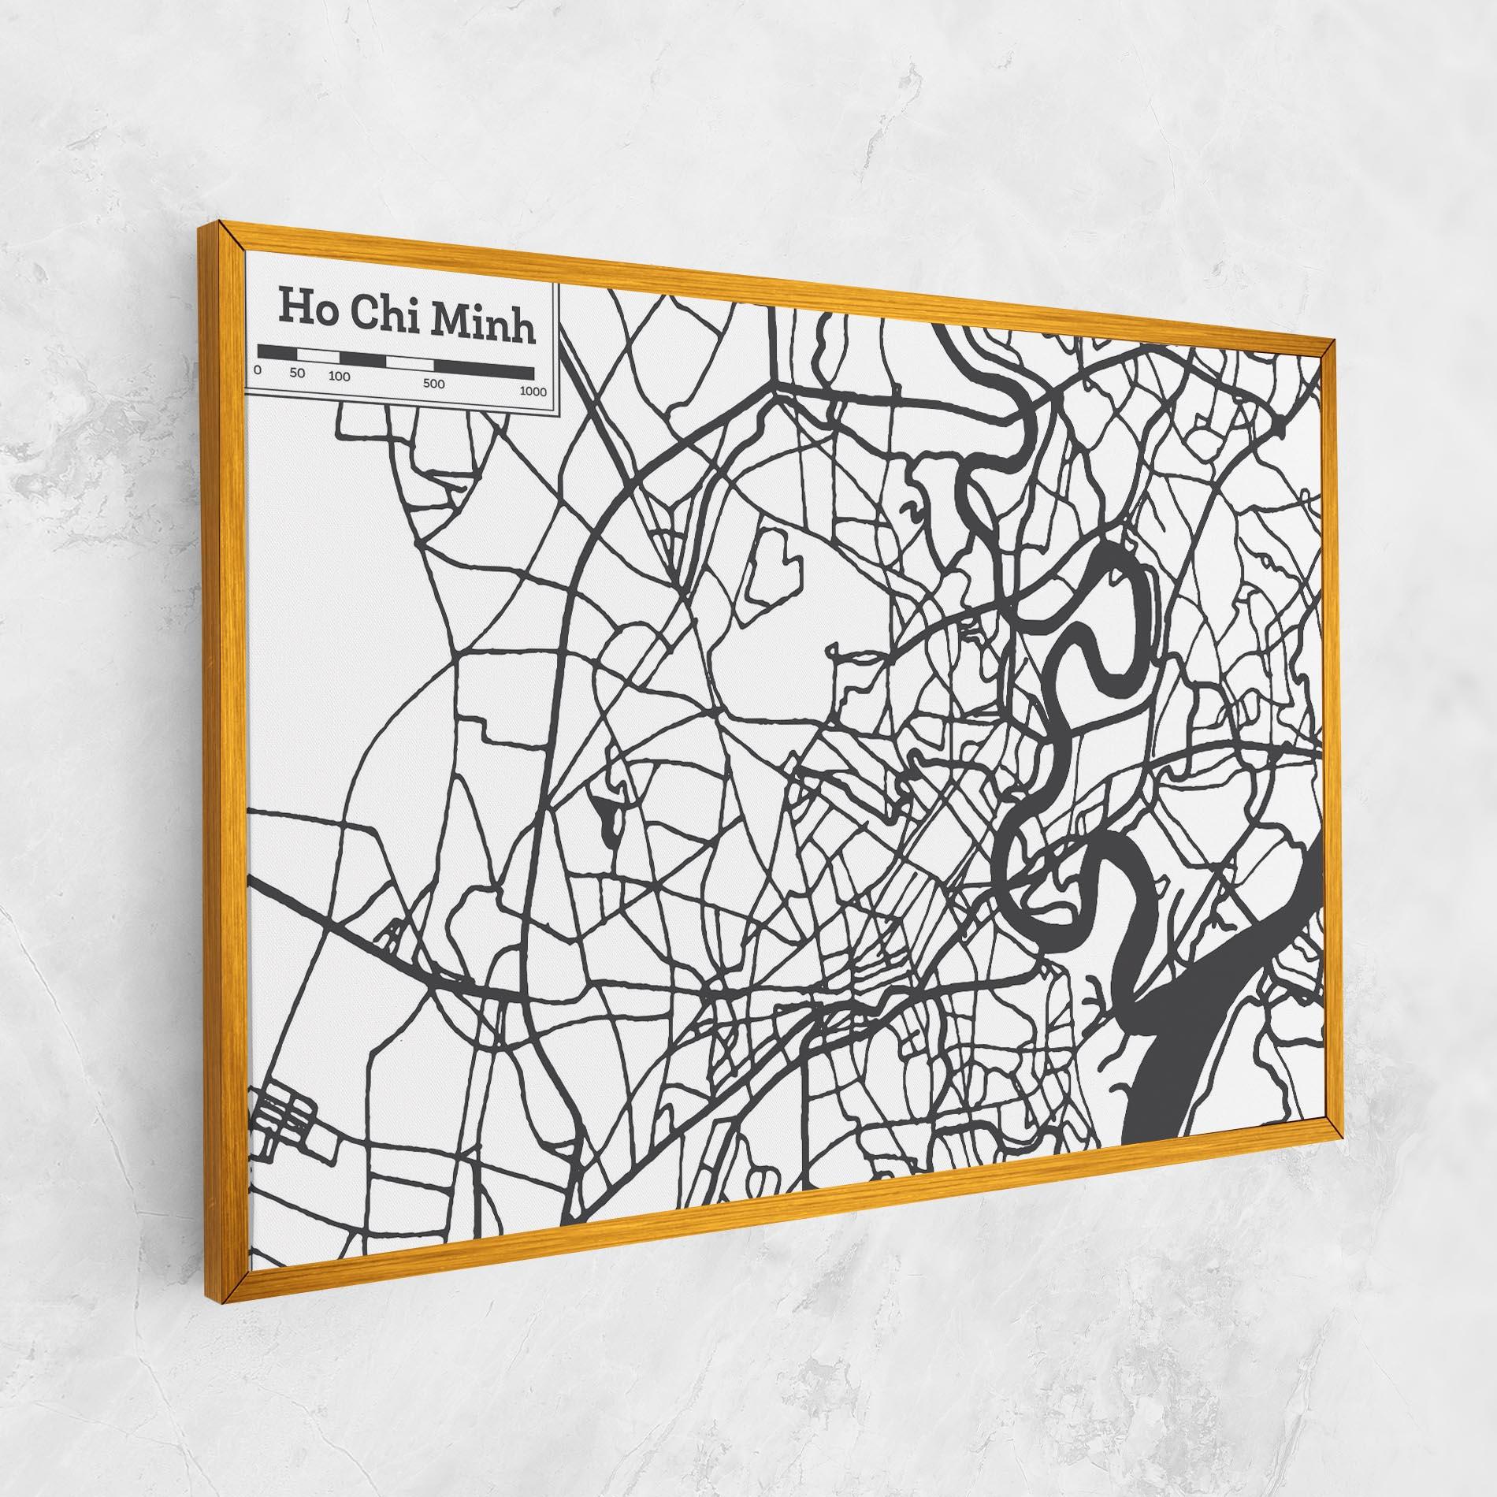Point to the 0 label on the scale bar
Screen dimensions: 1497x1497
click(x=258, y=370)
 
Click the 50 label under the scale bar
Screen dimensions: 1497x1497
click(x=297, y=373)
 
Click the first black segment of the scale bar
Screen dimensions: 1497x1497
click(x=277, y=351)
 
